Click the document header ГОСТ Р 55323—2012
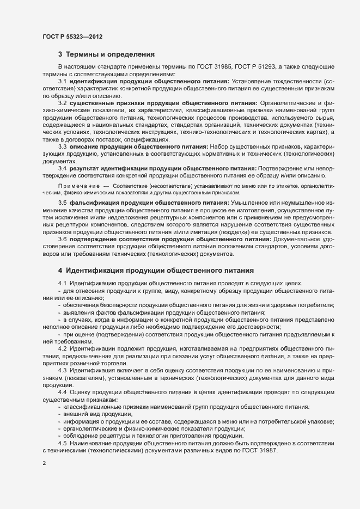point(72,36)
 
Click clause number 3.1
point(63,81)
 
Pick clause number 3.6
point(63,240)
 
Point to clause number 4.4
point(63,392)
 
